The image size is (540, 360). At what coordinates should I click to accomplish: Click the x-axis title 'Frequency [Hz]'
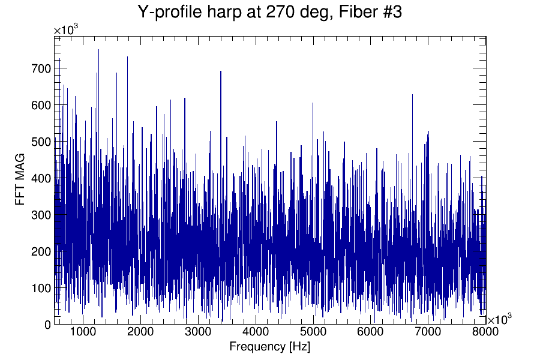tap(269, 347)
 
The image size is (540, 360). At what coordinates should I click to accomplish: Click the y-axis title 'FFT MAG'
tap(21, 180)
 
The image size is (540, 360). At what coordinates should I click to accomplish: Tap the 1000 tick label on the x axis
tap(83, 331)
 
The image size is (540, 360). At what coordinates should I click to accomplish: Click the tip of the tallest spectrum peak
tap(98, 49)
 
